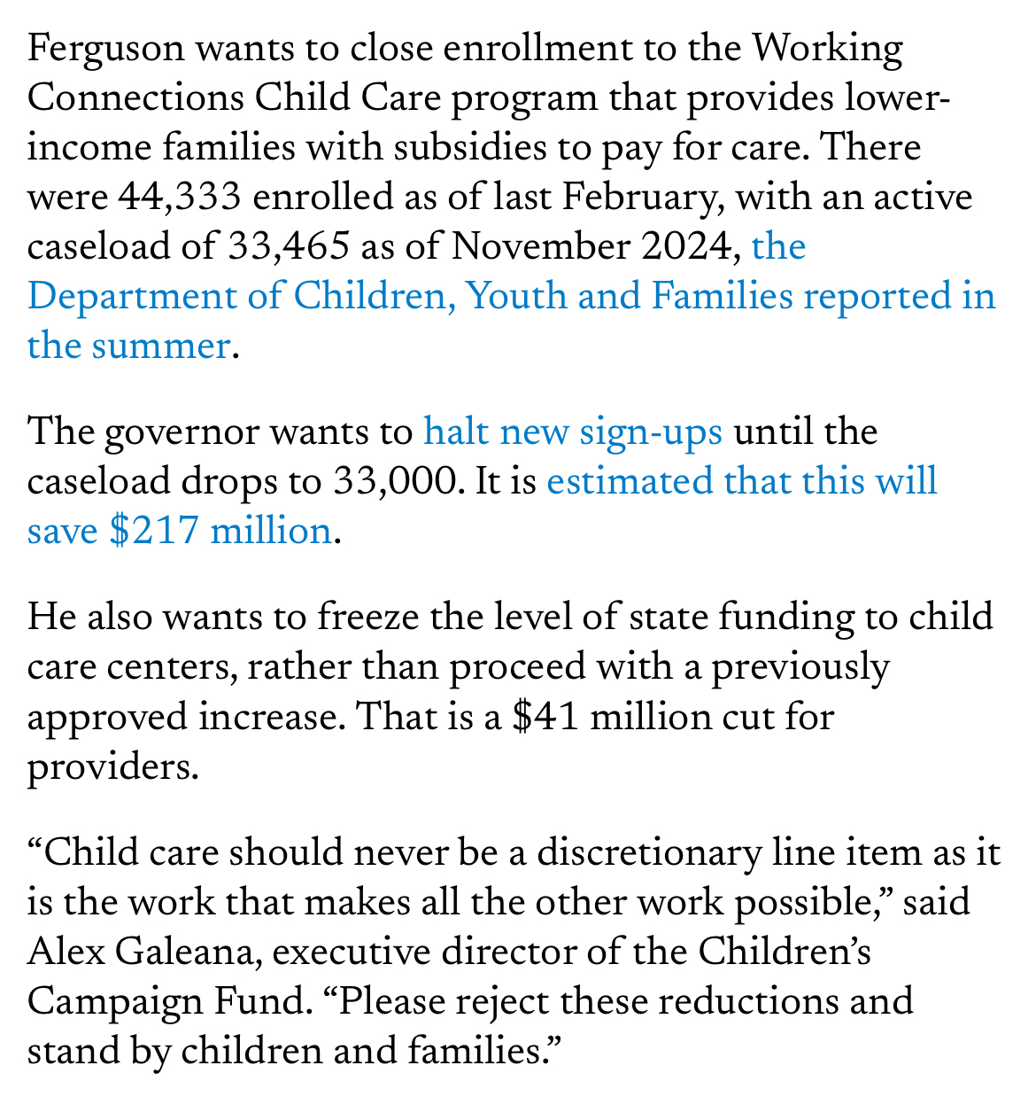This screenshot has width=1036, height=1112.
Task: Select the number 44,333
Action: pyautogui.click(x=180, y=197)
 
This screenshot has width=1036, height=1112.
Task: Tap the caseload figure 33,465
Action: pyautogui.click(x=287, y=246)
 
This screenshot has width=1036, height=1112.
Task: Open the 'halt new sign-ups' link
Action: pyautogui.click(x=573, y=432)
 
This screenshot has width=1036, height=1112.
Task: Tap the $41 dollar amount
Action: pyautogui.click(x=546, y=716)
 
